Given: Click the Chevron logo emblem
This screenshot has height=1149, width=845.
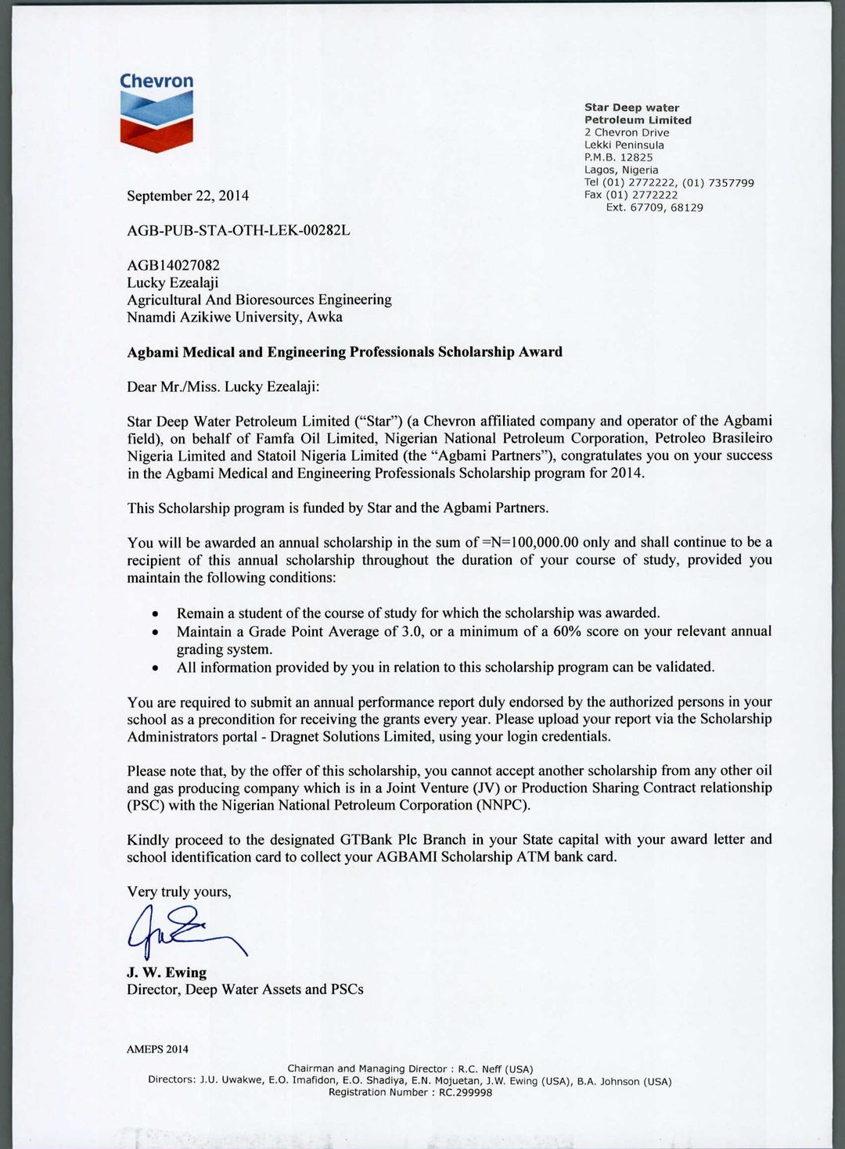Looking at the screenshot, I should [156, 121].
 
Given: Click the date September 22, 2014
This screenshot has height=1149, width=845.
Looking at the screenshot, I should [188, 196].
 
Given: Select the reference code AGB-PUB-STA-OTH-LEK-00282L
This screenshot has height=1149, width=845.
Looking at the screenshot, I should [239, 231].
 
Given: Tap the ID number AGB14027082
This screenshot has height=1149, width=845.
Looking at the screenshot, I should [174, 266].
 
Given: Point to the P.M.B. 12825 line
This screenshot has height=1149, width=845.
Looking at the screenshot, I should [618, 157].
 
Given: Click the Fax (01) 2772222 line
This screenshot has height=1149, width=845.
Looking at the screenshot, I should [631, 195].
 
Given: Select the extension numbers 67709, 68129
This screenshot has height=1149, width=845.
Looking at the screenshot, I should [667, 207].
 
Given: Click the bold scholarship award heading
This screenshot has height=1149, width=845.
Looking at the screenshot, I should [344, 352].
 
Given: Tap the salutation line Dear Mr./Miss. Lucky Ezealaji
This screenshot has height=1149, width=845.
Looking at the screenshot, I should [223, 386].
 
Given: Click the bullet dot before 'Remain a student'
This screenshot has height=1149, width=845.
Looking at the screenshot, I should [156, 615].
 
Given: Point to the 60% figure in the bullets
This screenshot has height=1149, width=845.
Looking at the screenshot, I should [566, 631].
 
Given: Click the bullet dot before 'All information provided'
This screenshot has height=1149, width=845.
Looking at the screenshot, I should [156, 669].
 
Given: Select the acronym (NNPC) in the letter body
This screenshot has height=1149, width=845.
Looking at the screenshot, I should [498, 806].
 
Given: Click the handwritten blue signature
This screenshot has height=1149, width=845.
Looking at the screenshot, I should [184, 931].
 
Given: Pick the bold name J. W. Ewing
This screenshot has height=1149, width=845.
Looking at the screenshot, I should [167, 973].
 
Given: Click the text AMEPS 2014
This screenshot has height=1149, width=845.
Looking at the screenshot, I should [157, 1050].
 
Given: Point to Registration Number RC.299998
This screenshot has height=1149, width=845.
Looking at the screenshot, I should [410, 1093].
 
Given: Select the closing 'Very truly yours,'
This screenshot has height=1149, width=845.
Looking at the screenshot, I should [179, 892].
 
